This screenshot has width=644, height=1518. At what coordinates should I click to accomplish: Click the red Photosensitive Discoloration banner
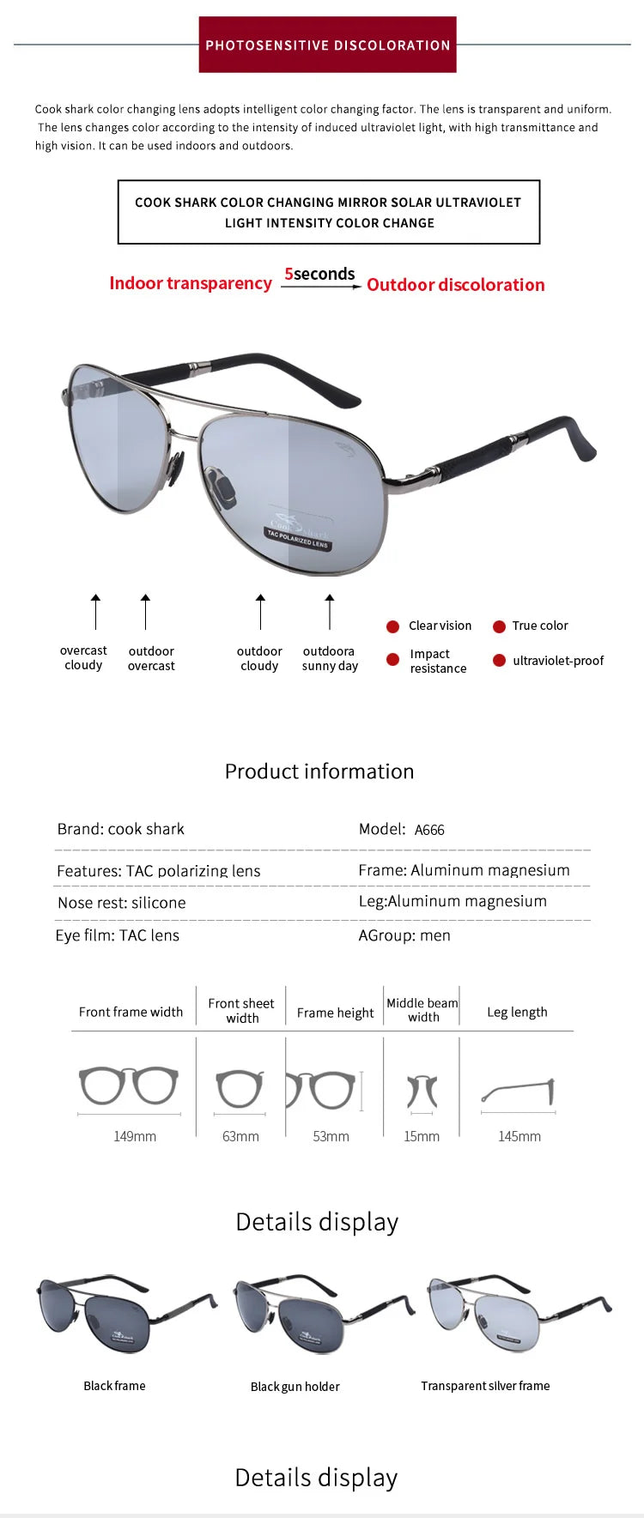pos(327,45)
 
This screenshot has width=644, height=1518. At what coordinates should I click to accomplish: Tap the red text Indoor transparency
pos(191,283)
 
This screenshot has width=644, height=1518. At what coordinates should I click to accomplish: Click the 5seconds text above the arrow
pos(319,274)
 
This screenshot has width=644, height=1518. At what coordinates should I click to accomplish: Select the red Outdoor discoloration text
pos(455,285)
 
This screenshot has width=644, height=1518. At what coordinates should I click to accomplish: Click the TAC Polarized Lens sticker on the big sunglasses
pos(297,538)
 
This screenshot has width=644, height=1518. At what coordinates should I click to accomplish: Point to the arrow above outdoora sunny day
pos(330,612)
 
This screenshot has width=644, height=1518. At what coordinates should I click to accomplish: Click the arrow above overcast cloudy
pos(95,611)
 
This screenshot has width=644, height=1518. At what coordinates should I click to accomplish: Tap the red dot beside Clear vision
pos(393,626)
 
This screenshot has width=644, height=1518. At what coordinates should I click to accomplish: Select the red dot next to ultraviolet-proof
pos(499,661)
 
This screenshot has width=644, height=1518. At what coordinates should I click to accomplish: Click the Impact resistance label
pos(438,661)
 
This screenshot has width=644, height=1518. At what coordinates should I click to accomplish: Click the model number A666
pos(429,830)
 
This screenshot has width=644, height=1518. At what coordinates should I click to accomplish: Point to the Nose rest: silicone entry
pos(121,903)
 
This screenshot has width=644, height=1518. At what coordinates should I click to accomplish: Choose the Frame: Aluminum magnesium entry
pos(464,870)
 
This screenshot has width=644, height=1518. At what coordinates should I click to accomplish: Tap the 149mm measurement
pos(135,1136)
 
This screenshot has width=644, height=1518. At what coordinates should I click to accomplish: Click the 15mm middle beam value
pos(422,1136)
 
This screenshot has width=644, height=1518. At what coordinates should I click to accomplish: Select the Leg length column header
pos(517,1012)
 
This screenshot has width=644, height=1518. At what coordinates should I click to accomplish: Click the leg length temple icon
pos(519,1092)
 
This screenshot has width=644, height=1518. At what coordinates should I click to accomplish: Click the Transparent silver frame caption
pos(485,1386)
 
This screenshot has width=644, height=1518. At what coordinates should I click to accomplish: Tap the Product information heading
pos(319,771)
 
